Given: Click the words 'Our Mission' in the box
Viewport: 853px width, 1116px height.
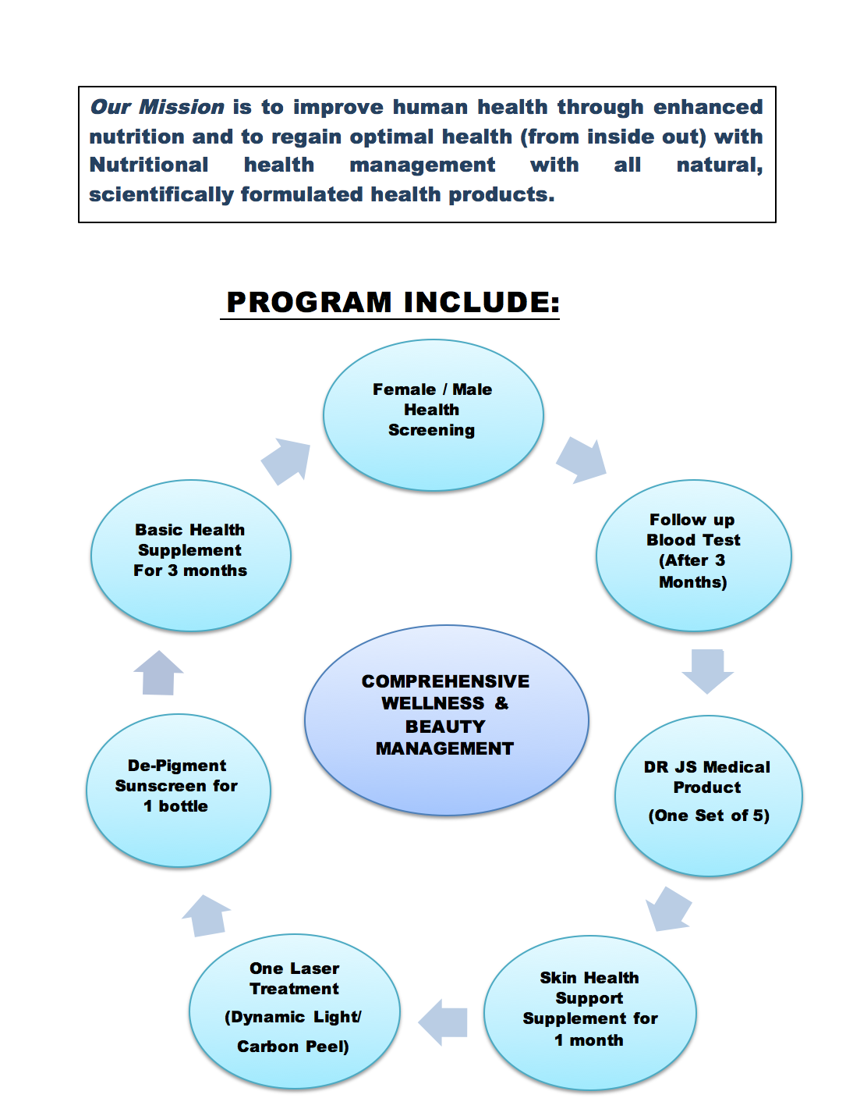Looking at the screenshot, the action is [157, 107].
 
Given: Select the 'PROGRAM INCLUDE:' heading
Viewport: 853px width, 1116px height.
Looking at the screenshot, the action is [393, 303].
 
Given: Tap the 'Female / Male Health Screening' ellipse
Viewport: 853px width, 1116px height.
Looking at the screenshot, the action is [433, 415].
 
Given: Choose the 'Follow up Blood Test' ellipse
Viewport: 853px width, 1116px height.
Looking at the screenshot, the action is [694, 555].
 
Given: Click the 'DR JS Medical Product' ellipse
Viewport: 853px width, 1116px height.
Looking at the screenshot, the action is [708, 796].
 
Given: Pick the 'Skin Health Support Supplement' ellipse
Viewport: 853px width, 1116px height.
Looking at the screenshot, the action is [589, 1013].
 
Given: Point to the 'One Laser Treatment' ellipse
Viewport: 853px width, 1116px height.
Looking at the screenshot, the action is [295, 1011].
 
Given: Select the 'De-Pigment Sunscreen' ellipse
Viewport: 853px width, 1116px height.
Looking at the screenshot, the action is [179, 790].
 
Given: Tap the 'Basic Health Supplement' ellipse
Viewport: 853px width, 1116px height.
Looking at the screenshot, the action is [191, 555].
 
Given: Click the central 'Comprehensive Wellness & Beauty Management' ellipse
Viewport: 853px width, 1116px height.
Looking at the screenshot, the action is [446, 720].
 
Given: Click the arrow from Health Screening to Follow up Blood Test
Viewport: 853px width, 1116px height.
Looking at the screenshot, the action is [582, 460].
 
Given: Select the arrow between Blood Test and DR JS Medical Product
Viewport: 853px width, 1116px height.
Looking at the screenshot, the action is [707, 671].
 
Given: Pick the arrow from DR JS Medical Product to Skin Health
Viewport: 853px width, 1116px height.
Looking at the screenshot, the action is [667, 910].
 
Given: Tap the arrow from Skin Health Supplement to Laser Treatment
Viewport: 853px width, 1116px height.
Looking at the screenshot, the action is [443, 1022].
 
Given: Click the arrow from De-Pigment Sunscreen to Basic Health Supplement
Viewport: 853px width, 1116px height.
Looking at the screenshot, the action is [158, 673].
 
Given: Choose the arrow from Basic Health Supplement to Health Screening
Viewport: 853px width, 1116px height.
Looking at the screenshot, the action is [286, 461].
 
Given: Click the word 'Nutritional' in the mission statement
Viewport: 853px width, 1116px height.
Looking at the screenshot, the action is [149, 165].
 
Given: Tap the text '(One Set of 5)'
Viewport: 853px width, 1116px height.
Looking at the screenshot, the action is [709, 816].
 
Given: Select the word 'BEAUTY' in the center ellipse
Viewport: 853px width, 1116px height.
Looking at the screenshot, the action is [445, 727].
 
